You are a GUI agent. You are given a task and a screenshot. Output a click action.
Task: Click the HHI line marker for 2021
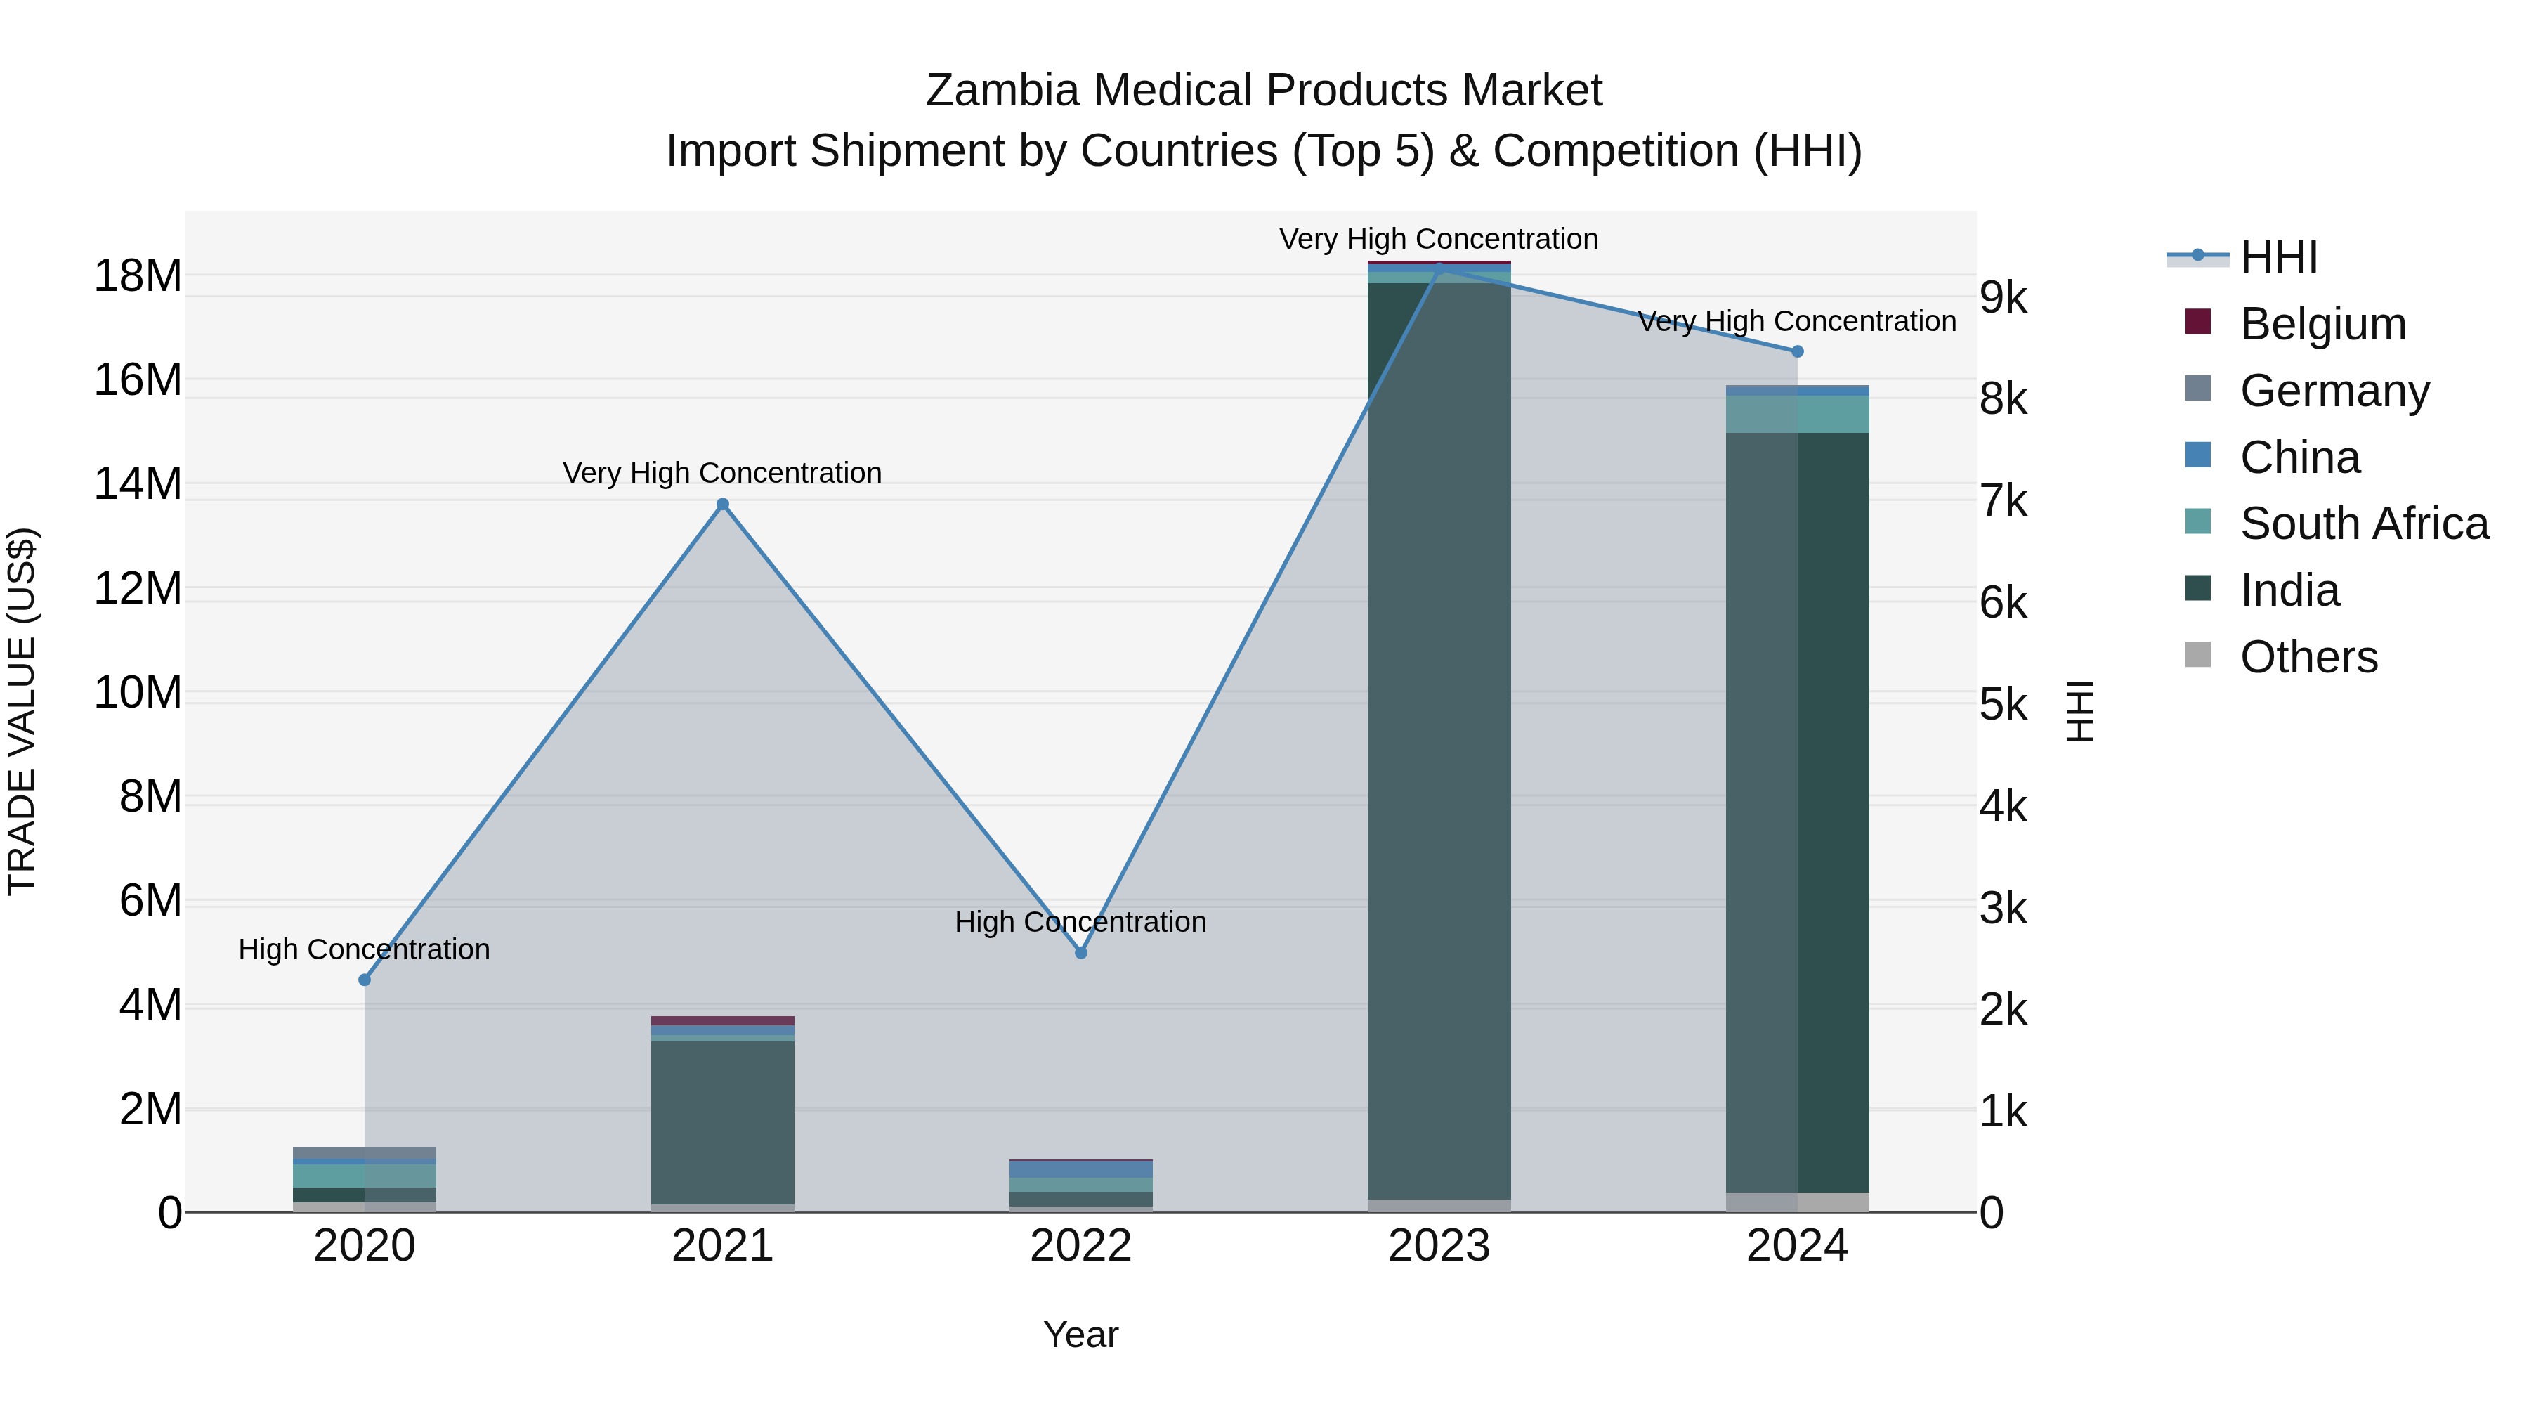[723, 504]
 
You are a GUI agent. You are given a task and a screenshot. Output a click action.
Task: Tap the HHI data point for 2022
[1081, 951]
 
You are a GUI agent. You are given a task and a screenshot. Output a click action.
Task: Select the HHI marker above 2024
[1798, 351]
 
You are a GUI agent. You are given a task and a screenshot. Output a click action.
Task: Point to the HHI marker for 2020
[364, 979]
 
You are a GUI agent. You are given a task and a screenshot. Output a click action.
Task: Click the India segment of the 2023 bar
[1439, 736]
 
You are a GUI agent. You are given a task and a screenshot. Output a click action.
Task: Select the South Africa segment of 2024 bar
[1798, 413]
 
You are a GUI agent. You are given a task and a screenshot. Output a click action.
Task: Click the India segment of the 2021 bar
[723, 1119]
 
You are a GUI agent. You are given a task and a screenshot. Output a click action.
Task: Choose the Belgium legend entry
[2323, 323]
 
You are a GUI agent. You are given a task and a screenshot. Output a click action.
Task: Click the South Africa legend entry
[2364, 524]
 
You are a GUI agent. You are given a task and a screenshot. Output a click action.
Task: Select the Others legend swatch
[2198, 655]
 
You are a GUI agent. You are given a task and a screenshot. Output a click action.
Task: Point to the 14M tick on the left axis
[138, 484]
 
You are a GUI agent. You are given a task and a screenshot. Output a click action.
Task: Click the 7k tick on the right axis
[2004, 501]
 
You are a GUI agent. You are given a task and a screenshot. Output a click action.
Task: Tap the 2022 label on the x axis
[1081, 1246]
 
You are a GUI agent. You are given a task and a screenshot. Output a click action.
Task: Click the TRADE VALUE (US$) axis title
[22, 711]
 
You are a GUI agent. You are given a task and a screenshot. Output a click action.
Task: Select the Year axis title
[1081, 1334]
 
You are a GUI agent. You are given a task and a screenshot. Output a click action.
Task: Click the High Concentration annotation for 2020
[364, 949]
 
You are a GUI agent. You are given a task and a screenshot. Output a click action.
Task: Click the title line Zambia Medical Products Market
[1264, 91]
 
